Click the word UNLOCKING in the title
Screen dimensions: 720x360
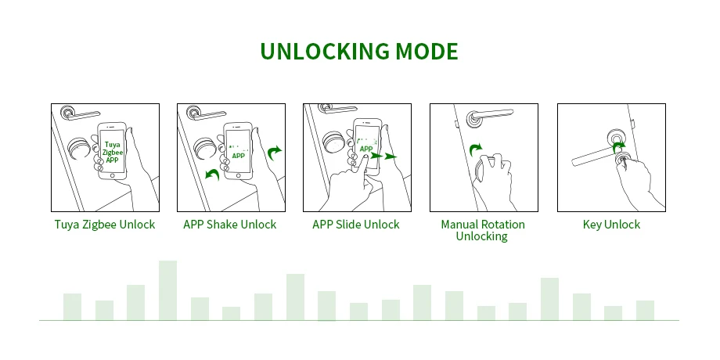(325, 51)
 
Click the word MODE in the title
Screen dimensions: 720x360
(427, 51)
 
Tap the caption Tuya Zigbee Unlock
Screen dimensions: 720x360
(105, 225)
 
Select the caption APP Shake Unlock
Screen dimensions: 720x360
(229, 225)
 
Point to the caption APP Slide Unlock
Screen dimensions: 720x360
(356, 225)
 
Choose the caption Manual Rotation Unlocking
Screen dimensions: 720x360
(483, 230)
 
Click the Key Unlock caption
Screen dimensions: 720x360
(611, 225)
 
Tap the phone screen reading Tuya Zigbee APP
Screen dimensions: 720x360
(112, 151)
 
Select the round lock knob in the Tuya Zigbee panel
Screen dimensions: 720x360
(79, 148)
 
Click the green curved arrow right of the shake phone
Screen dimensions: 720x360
(274, 153)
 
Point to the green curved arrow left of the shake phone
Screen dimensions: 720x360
(212, 175)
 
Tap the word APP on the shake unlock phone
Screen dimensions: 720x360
(239, 156)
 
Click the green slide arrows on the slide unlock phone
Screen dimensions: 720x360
(384, 156)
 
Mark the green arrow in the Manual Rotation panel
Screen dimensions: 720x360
(476, 149)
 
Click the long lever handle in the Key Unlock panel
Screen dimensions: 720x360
(596, 154)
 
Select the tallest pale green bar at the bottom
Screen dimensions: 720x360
(167, 290)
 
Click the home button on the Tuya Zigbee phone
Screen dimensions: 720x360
(112, 175)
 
